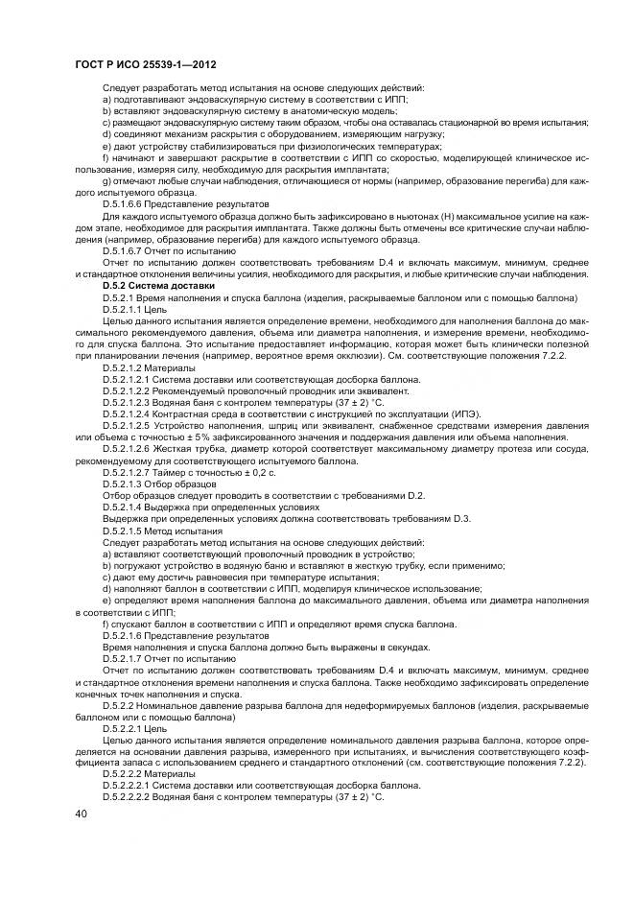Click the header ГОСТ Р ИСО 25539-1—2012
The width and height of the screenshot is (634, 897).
coord(144,64)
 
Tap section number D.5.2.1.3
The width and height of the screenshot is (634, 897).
coord(128,483)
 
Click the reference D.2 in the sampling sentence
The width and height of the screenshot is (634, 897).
coord(414,494)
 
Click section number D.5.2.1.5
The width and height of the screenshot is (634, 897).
coord(128,529)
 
